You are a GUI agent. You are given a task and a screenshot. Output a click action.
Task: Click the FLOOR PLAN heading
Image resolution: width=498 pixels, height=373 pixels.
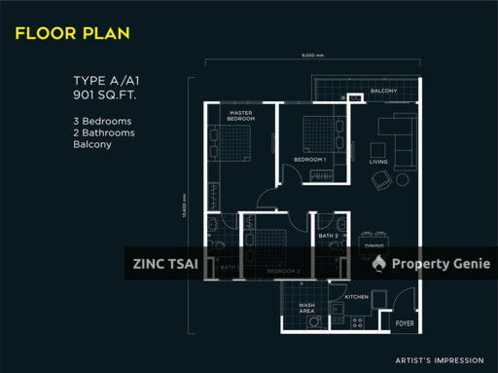click(x=72, y=33)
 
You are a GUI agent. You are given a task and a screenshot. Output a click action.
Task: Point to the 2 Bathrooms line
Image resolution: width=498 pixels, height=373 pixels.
click(x=104, y=132)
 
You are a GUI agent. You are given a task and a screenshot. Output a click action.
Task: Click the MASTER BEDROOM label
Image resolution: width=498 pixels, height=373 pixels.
click(x=241, y=116)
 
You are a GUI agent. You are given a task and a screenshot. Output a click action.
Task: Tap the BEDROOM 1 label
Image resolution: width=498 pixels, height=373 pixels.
click(x=310, y=159)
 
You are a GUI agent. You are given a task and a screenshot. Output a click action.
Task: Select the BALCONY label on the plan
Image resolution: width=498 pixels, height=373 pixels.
click(x=383, y=92)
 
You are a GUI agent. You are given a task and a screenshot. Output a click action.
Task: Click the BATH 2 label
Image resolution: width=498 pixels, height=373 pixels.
click(x=328, y=236)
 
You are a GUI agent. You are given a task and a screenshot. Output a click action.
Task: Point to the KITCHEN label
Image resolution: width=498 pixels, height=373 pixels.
click(x=356, y=295)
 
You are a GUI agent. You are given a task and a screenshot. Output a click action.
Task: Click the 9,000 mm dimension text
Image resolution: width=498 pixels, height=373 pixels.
click(x=313, y=55)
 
